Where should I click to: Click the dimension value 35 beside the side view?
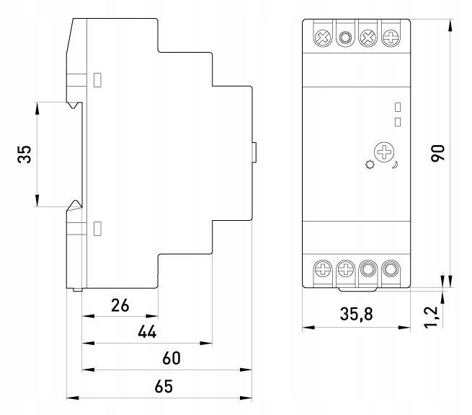point(25,154)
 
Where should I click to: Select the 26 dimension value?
point(120,305)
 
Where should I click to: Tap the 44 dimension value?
point(147,331)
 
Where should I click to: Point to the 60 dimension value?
point(171,358)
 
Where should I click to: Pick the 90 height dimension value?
point(438,152)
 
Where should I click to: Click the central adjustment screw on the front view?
point(386,153)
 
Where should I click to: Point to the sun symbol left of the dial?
point(370,165)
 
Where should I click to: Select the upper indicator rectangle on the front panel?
point(398,108)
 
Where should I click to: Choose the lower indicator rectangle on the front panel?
point(398,121)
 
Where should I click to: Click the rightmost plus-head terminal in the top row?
point(391,37)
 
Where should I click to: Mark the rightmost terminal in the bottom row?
point(391,271)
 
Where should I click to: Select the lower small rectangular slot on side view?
point(98,229)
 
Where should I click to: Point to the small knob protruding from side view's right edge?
point(254,153)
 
